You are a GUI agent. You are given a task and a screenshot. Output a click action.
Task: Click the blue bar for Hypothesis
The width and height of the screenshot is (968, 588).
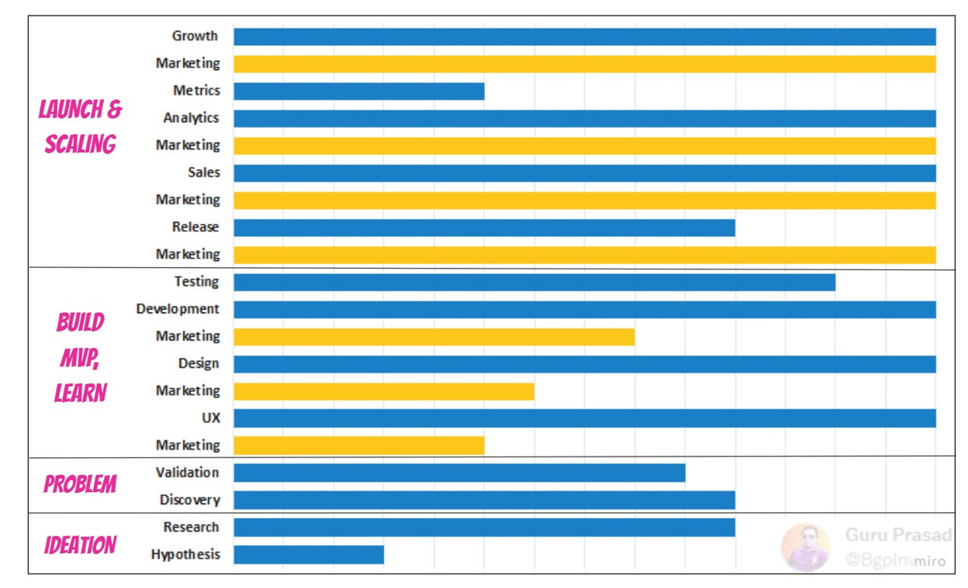click(x=308, y=555)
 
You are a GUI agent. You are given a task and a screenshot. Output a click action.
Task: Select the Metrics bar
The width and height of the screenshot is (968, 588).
click(x=359, y=91)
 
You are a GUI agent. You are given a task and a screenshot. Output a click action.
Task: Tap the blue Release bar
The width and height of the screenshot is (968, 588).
click(x=484, y=227)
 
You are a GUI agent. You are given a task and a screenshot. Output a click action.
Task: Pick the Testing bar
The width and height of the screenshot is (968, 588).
click(x=534, y=282)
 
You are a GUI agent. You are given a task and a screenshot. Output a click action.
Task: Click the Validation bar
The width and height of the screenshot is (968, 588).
click(x=459, y=473)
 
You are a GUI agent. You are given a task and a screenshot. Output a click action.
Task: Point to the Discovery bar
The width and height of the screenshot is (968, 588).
click(x=484, y=500)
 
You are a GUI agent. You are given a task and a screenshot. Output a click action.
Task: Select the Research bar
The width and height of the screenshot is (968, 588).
click(x=484, y=528)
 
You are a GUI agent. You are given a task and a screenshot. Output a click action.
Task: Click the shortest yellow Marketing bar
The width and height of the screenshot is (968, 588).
click(x=359, y=445)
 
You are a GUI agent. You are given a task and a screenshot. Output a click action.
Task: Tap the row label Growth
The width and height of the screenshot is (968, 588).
click(x=194, y=35)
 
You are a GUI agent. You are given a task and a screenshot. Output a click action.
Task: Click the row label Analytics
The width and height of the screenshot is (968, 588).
click(x=191, y=118)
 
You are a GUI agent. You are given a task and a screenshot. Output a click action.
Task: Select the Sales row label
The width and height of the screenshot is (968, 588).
click(x=203, y=173)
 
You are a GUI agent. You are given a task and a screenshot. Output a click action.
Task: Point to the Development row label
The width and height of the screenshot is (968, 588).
click(x=177, y=309)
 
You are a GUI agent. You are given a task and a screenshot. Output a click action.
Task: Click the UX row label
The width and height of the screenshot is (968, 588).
click(x=211, y=418)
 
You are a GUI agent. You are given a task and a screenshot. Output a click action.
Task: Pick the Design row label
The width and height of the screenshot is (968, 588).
click(x=198, y=364)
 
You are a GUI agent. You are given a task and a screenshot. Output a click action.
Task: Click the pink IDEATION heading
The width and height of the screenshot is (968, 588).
click(x=80, y=545)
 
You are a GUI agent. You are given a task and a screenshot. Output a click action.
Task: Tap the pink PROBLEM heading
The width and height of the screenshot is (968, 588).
click(x=80, y=485)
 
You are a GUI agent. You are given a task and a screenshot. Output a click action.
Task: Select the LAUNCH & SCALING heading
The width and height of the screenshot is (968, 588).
click(x=80, y=127)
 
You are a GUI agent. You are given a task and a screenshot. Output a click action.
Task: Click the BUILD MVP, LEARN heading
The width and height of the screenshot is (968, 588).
click(x=80, y=357)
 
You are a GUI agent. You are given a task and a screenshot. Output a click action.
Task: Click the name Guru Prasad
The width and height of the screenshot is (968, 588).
click(x=898, y=535)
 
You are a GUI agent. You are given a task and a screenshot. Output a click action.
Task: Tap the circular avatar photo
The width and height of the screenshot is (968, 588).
click(x=805, y=547)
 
